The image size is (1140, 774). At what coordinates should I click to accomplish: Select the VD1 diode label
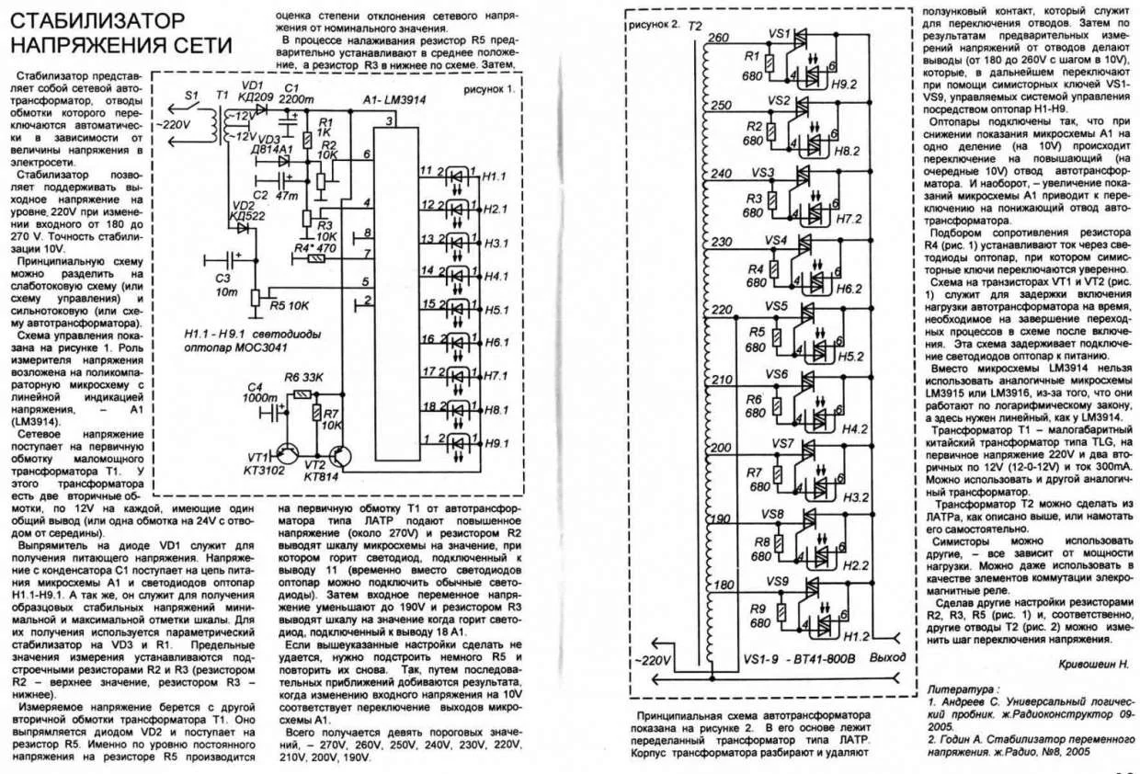pyautogui.click(x=252, y=85)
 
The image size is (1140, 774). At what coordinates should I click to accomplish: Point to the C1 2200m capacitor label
pyautogui.click(x=297, y=93)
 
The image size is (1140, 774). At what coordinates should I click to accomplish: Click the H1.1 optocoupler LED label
pyautogui.click(x=494, y=176)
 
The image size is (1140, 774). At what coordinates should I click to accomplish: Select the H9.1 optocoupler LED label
pyautogui.click(x=494, y=443)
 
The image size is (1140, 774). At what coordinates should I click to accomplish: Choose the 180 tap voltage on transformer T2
pyautogui.click(x=724, y=585)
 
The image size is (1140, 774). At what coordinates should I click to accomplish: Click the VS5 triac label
pyautogui.click(x=778, y=305)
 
